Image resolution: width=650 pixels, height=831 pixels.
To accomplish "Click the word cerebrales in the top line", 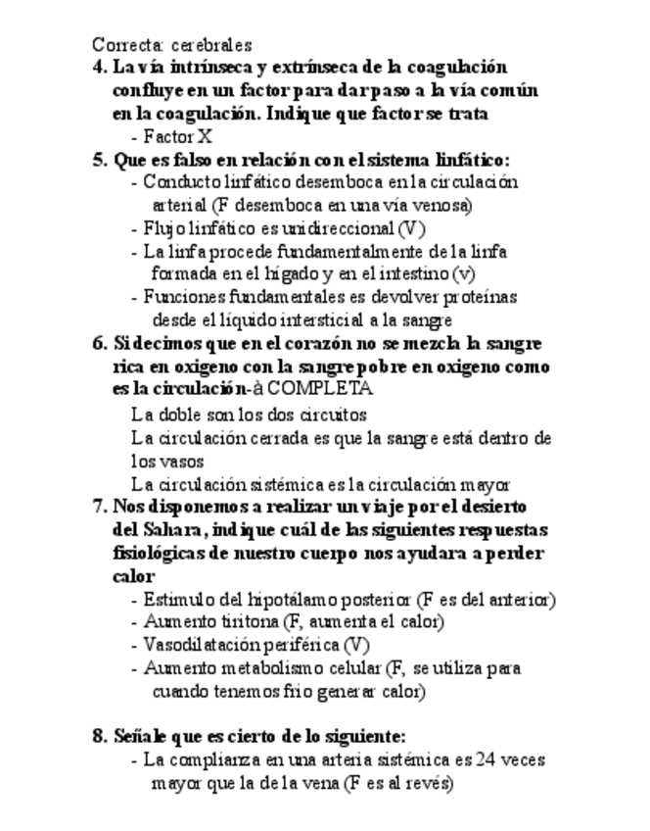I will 211,45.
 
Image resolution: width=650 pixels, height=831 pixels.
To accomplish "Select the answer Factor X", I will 177,137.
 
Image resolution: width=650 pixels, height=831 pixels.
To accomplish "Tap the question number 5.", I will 99,160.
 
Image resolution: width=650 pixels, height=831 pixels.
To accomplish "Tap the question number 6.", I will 99,344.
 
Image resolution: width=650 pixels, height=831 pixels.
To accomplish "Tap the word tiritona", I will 244,622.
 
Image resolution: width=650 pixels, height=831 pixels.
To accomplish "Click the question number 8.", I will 99,736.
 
